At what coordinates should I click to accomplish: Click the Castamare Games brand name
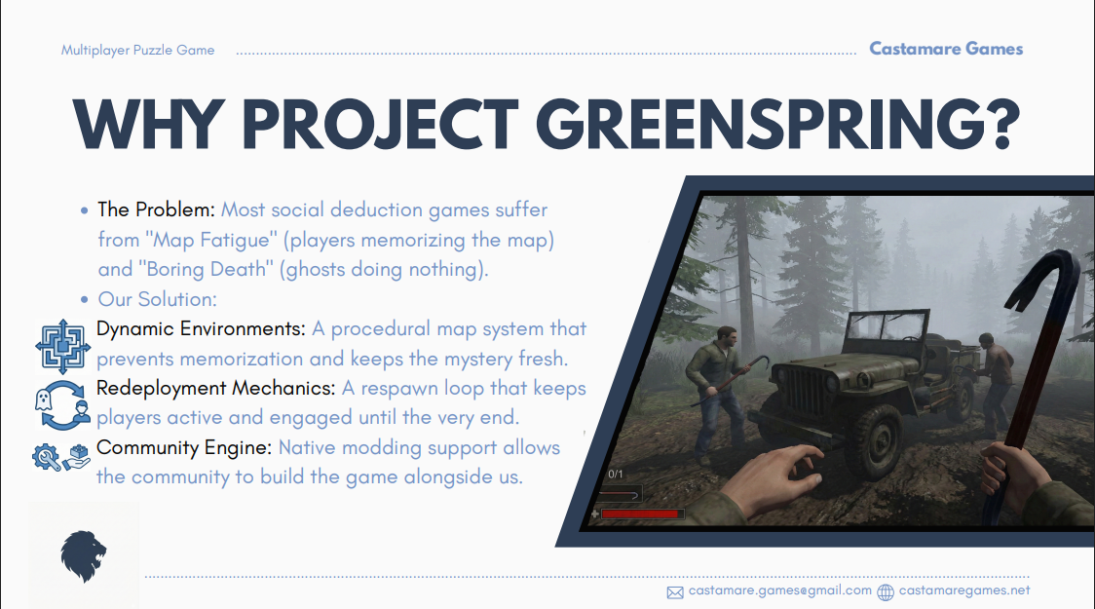point(946,49)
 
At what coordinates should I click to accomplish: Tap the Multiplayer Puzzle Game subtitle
point(137,51)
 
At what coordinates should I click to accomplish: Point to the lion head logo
point(83,556)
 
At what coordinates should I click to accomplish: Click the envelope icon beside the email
point(674,593)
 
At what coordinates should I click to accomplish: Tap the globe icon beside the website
point(886,592)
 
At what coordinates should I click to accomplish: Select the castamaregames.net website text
point(964,590)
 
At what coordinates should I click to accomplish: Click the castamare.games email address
point(780,590)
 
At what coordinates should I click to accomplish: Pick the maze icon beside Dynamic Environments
point(63,347)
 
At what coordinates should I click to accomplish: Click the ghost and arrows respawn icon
point(63,405)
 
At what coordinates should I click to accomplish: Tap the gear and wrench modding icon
point(60,457)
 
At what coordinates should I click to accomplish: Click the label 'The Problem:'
point(157,209)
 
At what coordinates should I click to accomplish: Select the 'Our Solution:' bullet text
point(157,299)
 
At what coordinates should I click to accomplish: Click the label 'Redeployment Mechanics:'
point(216,389)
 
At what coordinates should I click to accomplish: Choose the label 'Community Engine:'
point(184,447)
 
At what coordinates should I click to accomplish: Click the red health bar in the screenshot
point(640,514)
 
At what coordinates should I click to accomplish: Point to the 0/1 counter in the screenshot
point(616,475)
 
